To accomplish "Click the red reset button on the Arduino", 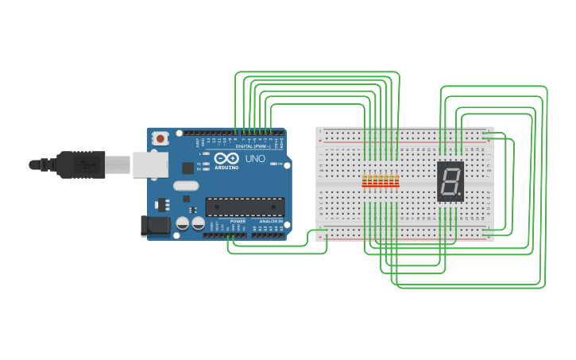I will pos(160,138).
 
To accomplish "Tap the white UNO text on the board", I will pos(255,159).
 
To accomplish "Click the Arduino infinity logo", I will pos(226,157).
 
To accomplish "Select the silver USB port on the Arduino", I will pos(149,165).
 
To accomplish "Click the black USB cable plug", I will pos(79,165).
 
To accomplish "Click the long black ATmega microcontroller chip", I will pos(245,207).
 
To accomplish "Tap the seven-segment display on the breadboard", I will pos(450,181).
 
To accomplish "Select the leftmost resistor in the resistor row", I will pos(365,182).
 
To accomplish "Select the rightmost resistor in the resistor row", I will pos(396,182).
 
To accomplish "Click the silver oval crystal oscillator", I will pos(185,186).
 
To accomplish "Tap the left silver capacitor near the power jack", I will pos(183,224).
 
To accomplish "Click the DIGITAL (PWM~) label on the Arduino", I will pos(253,145).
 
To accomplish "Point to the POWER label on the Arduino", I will pos(238,221).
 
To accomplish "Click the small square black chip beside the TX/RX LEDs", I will pos(188,168).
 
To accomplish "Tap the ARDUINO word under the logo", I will pos(226,167).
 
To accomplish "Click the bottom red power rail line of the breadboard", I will pos(405,237).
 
